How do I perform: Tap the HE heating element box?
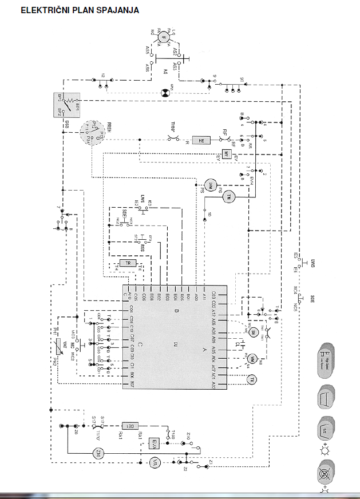click(201, 140)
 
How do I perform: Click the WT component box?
click(227, 155)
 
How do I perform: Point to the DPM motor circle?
click(210, 184)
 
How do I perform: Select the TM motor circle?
click(229, 196)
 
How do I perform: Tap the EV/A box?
click(154, 443)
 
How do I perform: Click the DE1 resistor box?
click(129, 426)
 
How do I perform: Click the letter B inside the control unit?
click(177, 311)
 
